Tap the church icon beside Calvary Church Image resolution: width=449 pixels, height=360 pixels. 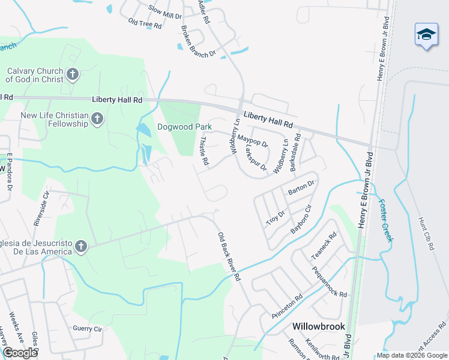coord(72,74)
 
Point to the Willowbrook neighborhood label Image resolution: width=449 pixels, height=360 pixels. coord(319,326)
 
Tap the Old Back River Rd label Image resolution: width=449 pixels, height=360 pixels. coord(229,257)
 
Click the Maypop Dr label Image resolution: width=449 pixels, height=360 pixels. coord(252,140)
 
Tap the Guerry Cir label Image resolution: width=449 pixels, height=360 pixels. coord(88,329)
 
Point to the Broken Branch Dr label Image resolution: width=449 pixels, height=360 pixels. coord(197,42)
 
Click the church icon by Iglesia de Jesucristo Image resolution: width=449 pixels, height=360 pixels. coord(80,246)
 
